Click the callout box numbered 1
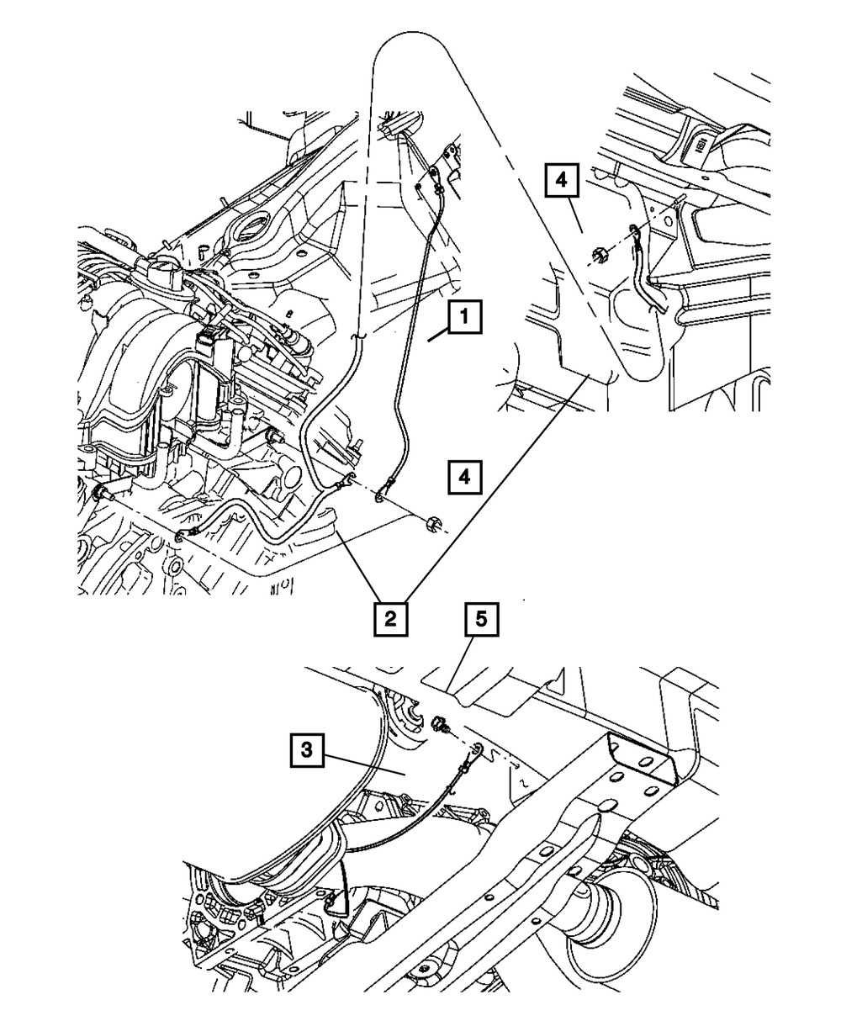point(465,320)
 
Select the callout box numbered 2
point(388,621)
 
